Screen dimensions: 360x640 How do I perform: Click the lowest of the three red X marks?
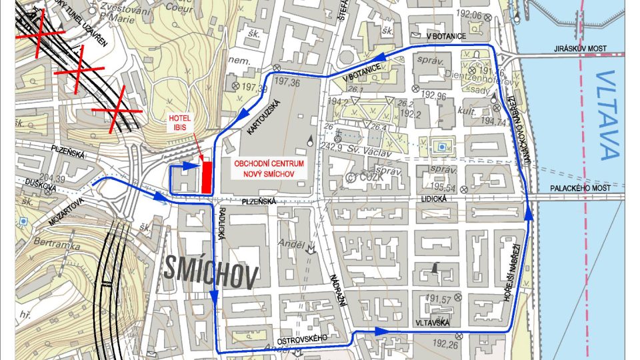[117, 110]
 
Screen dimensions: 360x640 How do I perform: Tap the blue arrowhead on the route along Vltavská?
[381, 331]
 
